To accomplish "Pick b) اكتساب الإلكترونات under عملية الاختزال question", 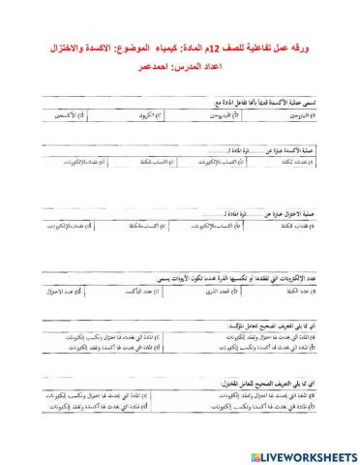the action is click(213, 225).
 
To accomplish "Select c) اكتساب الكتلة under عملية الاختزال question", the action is click(135, 225).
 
